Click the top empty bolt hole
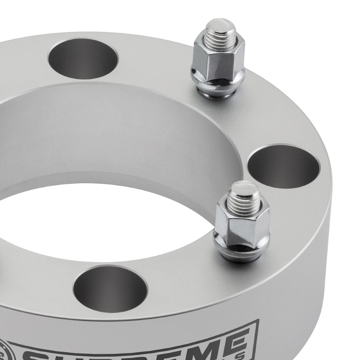tap(84, 58)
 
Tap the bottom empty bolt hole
tap(110, 288)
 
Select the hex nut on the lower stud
tap(242, 219)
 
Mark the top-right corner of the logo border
tap(258, 320)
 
